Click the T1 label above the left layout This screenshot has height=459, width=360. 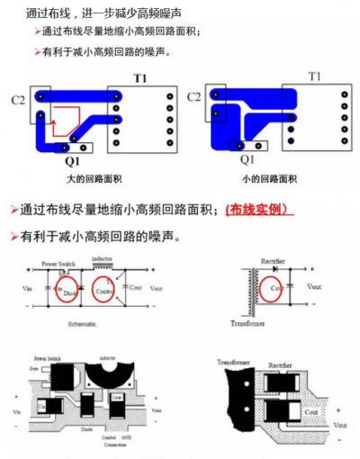(140, 79)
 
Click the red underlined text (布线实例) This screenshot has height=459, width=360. (259, 210)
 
